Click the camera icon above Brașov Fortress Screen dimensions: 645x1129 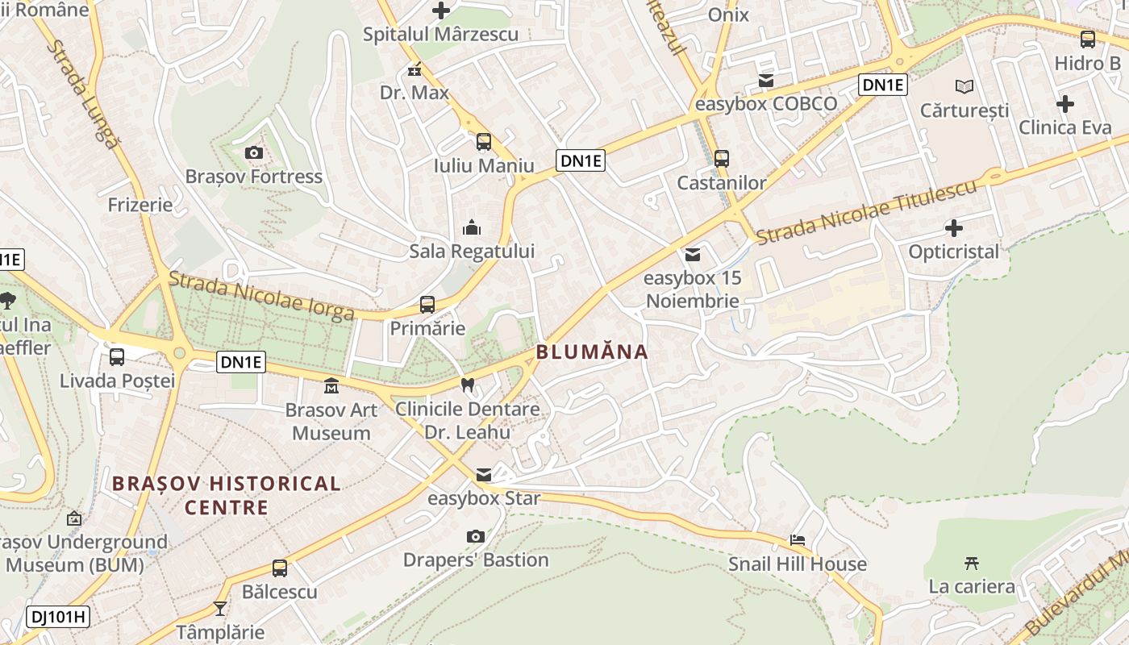click(253, 152)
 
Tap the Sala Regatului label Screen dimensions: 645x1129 click(472, 251)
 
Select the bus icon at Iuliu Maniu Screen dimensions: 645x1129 click(483, 142)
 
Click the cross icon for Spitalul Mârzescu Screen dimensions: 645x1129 click(440, 10)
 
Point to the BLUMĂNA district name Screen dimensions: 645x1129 click(592, 352)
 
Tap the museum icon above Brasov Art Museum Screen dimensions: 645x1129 click(331, 386)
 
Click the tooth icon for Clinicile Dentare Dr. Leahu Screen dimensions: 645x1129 click(467, 385)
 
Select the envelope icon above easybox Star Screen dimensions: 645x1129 click(483, 475)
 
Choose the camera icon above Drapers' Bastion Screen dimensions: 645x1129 click(476, 536)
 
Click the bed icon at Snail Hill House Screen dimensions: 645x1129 click(798, 540)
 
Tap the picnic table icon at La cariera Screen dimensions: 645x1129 click(972, 563)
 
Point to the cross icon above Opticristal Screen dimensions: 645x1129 click(954, 228)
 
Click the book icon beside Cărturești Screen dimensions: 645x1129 click(964, 86)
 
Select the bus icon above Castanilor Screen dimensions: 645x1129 click(722, 159)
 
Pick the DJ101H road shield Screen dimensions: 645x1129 click(58, 618)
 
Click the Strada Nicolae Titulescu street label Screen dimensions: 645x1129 click(867, 210)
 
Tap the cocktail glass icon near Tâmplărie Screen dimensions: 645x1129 click(220, 609)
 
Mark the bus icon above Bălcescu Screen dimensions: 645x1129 click(279, 568)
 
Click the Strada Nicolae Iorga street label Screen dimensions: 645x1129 click(261, 296)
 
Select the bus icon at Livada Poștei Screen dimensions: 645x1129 click(117, 356)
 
